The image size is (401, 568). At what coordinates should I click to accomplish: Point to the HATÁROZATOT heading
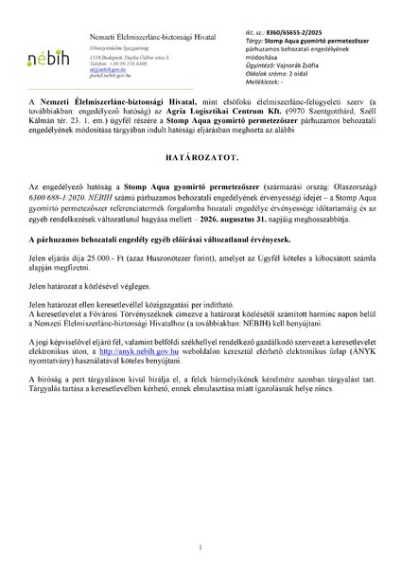[x=200, y=189]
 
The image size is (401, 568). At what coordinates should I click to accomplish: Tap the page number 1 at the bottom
[x=200, y=534]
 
